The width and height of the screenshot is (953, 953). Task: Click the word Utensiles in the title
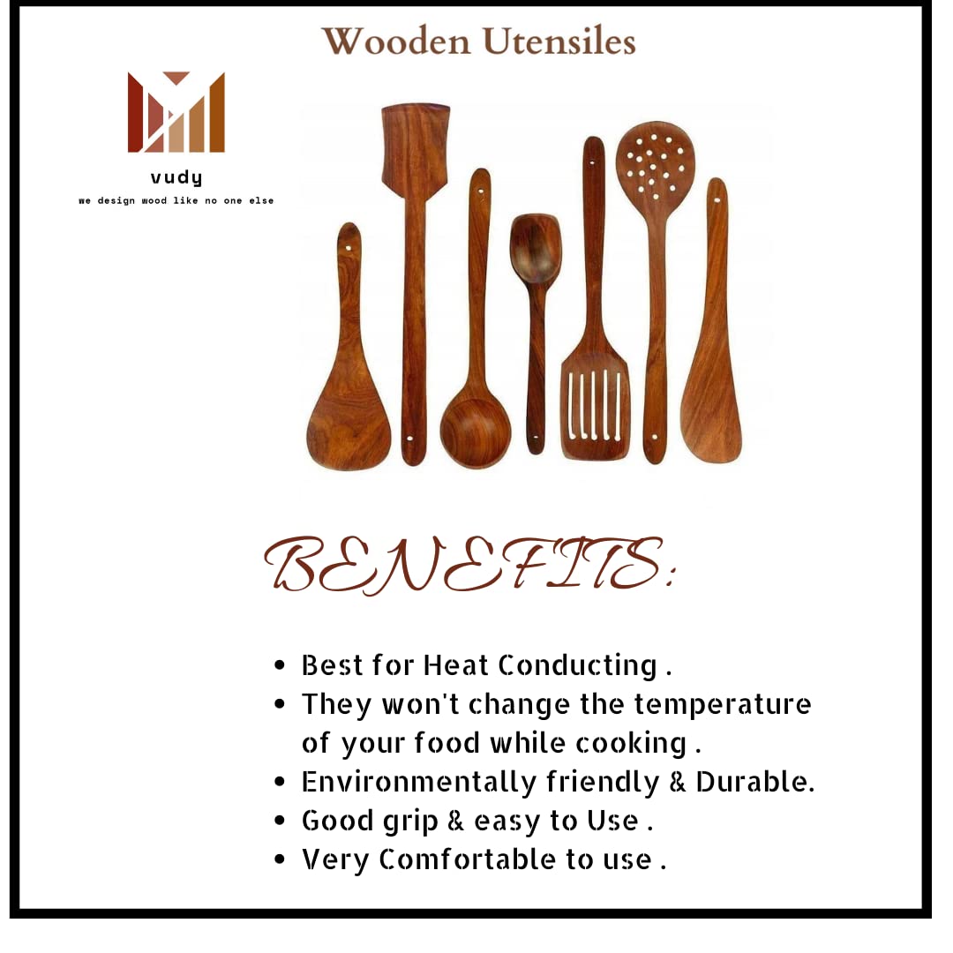pos(559,42)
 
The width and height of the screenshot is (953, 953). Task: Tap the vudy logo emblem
pos(176,112)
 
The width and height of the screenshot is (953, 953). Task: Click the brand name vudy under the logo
pos(176,177)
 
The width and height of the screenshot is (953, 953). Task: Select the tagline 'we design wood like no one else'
pos(176,200)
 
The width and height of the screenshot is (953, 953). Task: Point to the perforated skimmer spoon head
pos(655,162)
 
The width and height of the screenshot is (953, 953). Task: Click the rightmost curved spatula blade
pos(711,407)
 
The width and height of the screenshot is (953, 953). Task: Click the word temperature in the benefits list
pos(723,705)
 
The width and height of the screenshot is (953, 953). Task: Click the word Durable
pos(754,782)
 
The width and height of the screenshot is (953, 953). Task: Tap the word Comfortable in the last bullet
pos(468,860)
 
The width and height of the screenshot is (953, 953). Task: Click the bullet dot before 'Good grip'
pos(280,821)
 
